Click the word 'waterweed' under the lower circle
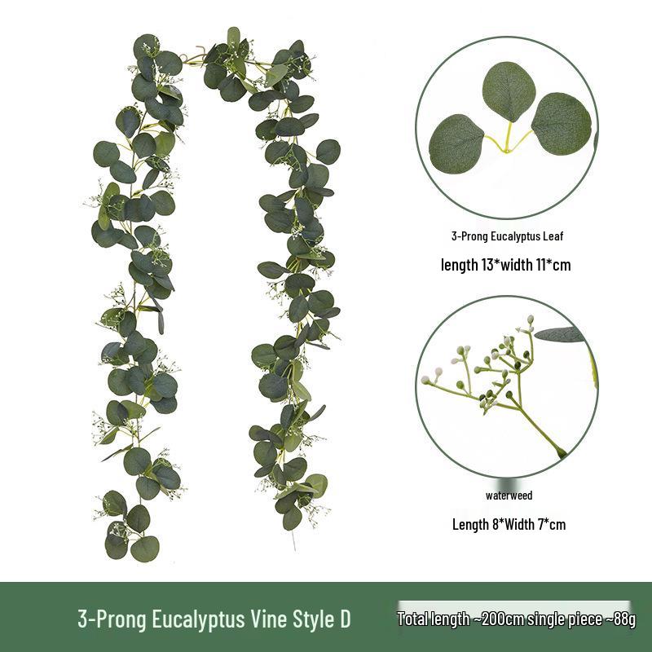point(509,496)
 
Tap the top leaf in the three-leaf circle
point(508,92)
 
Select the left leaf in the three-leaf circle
point(457,143)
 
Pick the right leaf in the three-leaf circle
point(562,124)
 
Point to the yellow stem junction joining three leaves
point(506,150)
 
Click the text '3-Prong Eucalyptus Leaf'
point(507,236)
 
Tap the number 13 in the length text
point(487,264)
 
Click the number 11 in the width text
point(540,264)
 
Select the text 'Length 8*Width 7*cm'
point(509,524)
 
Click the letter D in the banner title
point(345,619)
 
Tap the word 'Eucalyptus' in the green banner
point(199,619)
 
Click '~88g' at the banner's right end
point(619,619)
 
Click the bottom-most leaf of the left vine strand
point(145,548)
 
